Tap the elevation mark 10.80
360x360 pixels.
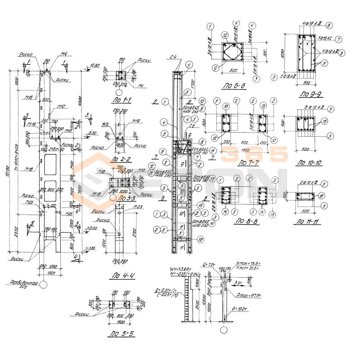[94, 66]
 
